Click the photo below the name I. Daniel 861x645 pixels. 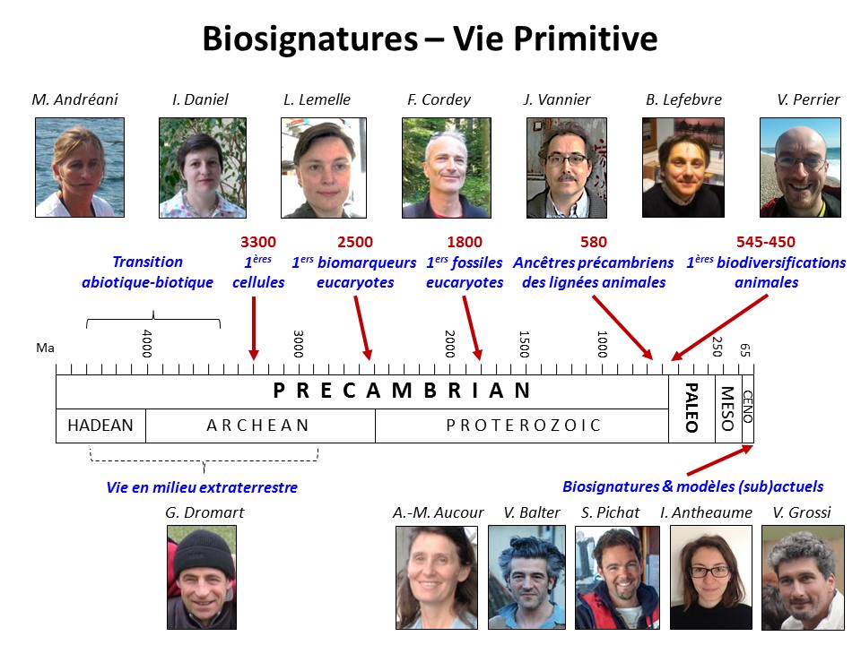[203, 168]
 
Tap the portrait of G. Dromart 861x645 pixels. [202, 577]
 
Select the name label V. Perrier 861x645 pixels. [808, 99]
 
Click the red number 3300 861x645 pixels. [258, 242]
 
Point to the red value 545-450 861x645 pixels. [765, 242]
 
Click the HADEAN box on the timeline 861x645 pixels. [101, 426]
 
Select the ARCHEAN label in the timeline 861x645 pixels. [257, 426]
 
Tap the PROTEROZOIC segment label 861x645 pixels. [523, 426]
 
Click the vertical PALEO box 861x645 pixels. [691, 408]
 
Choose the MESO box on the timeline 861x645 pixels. [728, 408]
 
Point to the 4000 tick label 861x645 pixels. [146, 343]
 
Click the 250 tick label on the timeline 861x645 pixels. [717, 347]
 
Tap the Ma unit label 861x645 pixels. [45, 348]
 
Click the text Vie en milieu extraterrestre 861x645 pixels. [202, 487]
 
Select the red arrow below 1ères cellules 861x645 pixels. [254, 328]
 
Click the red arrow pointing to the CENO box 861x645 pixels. [720, 460]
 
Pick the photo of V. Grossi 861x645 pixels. [803, 578]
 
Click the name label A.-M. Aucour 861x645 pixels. [439, 512]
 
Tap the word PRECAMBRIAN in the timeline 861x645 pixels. [402, 391]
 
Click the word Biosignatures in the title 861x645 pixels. [310, 39]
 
